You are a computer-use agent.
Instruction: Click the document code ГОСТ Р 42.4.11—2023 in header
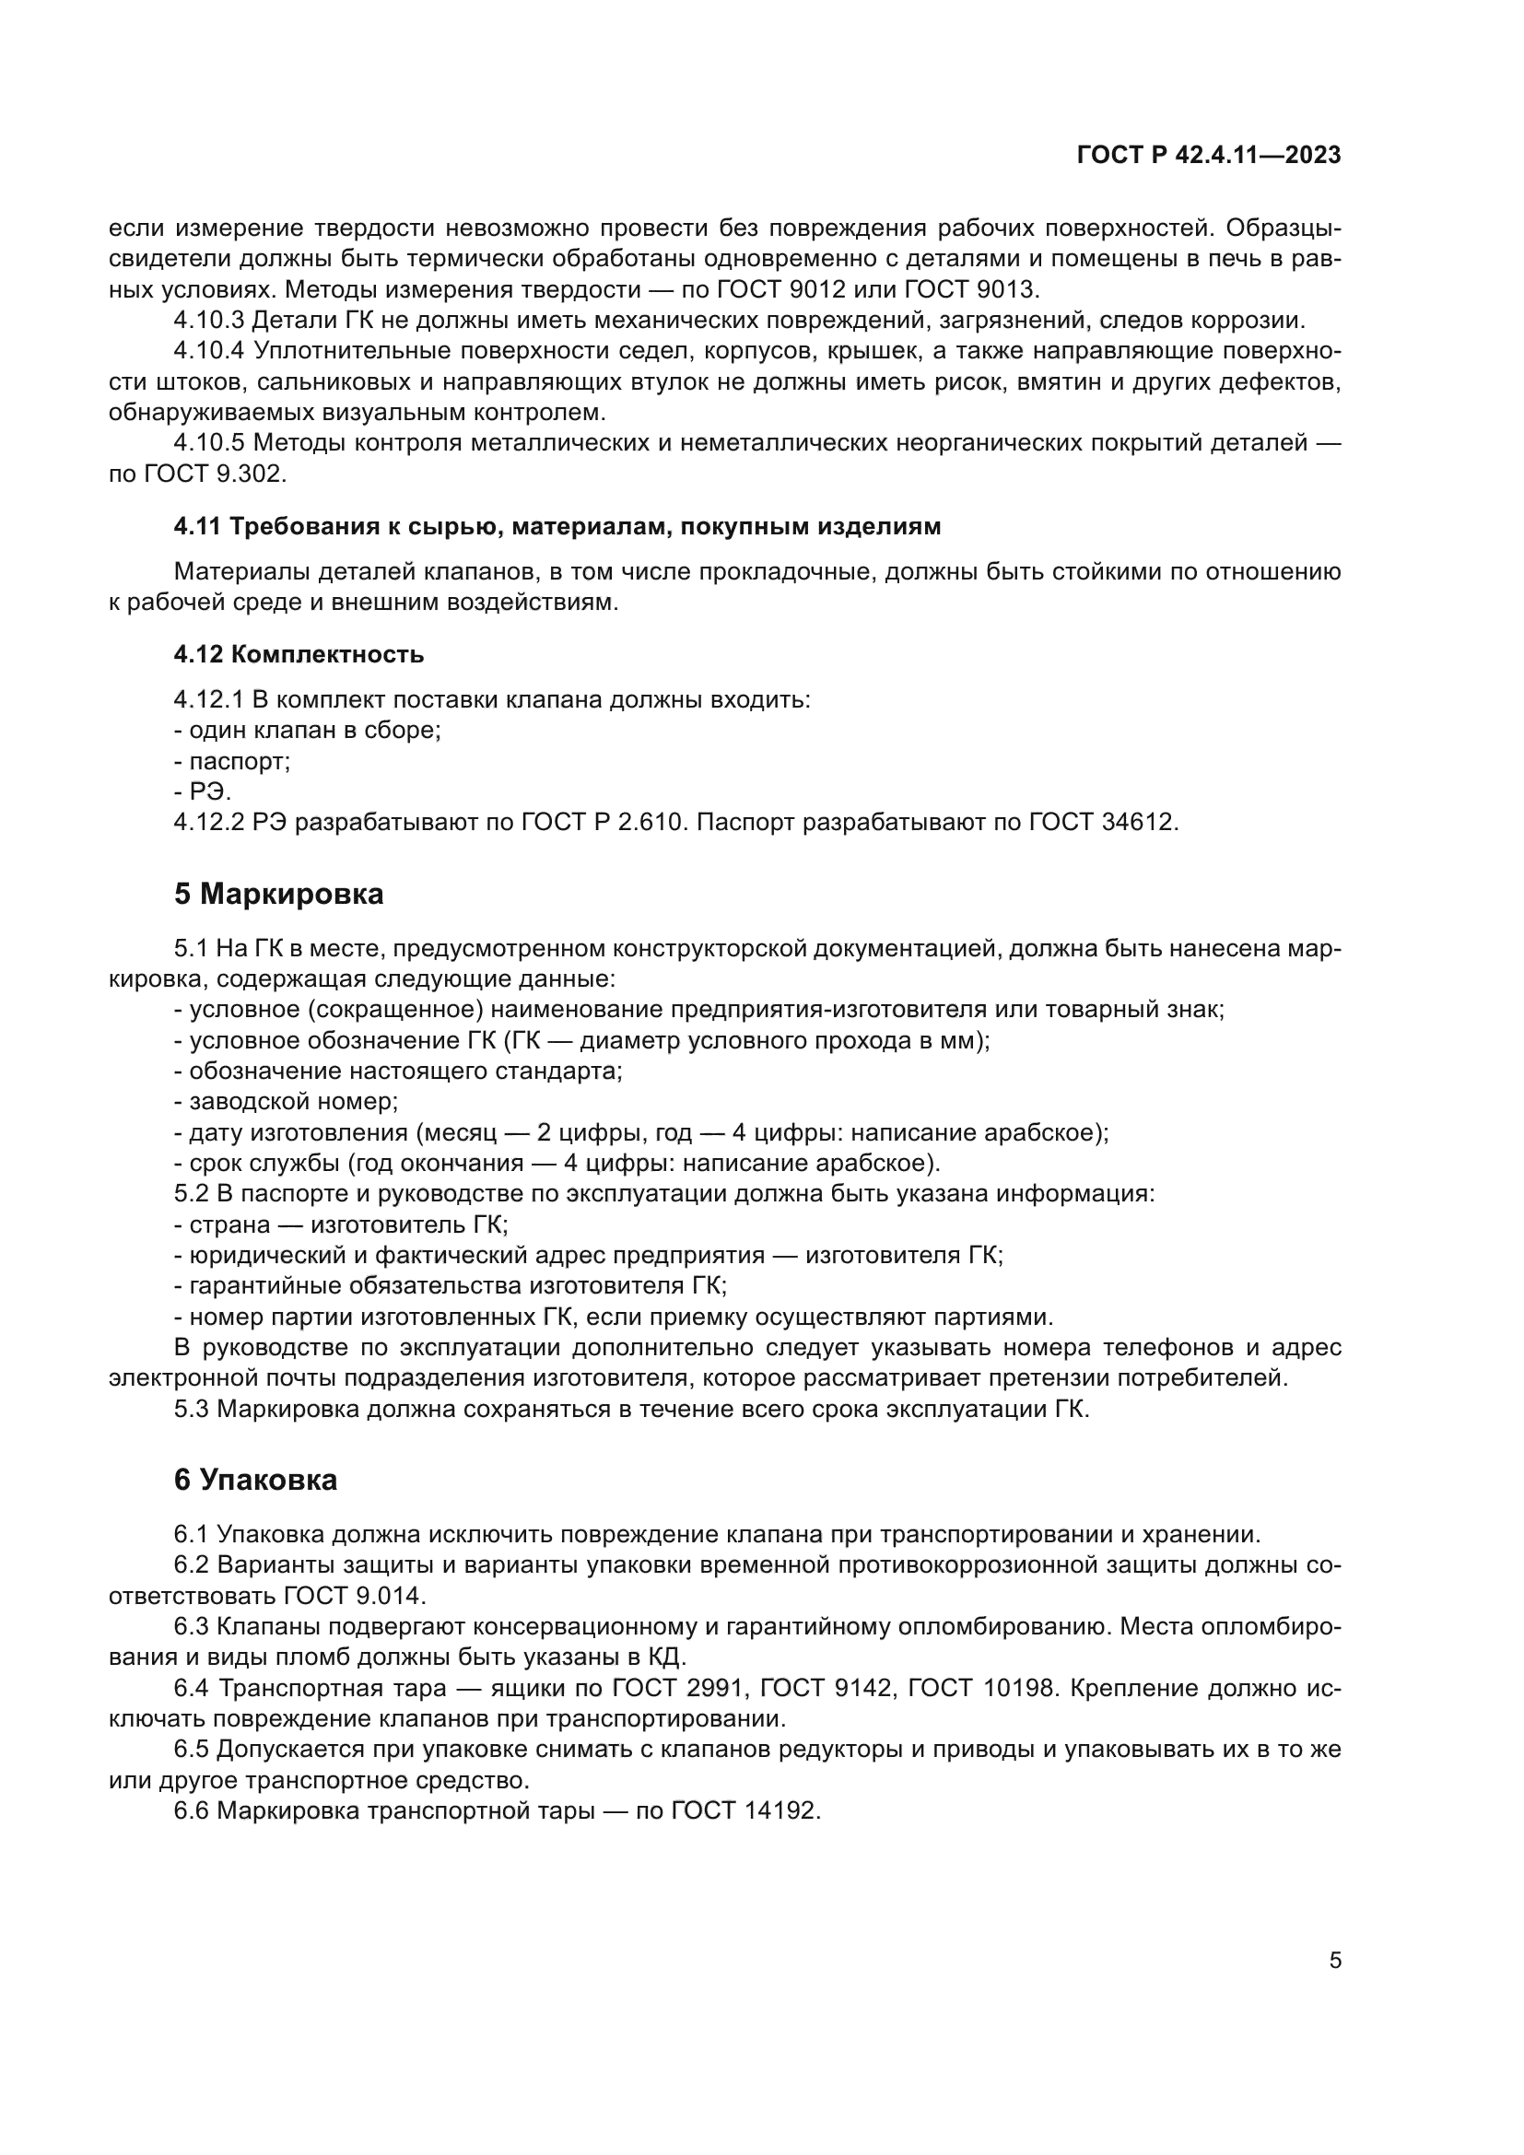pos(1209,156)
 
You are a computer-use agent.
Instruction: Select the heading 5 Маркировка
pos(278,895)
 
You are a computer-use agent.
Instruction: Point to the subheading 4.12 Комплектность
pos(299,654)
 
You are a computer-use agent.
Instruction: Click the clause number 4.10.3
pos(208,320)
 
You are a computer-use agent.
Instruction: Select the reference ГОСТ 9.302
pos(214,474)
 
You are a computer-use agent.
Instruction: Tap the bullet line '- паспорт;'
pos(232,761)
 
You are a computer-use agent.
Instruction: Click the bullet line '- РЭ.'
pos(202,792)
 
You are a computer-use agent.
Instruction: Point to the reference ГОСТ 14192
pos(745,1811)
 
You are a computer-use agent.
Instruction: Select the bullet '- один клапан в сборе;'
pos(307,731)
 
